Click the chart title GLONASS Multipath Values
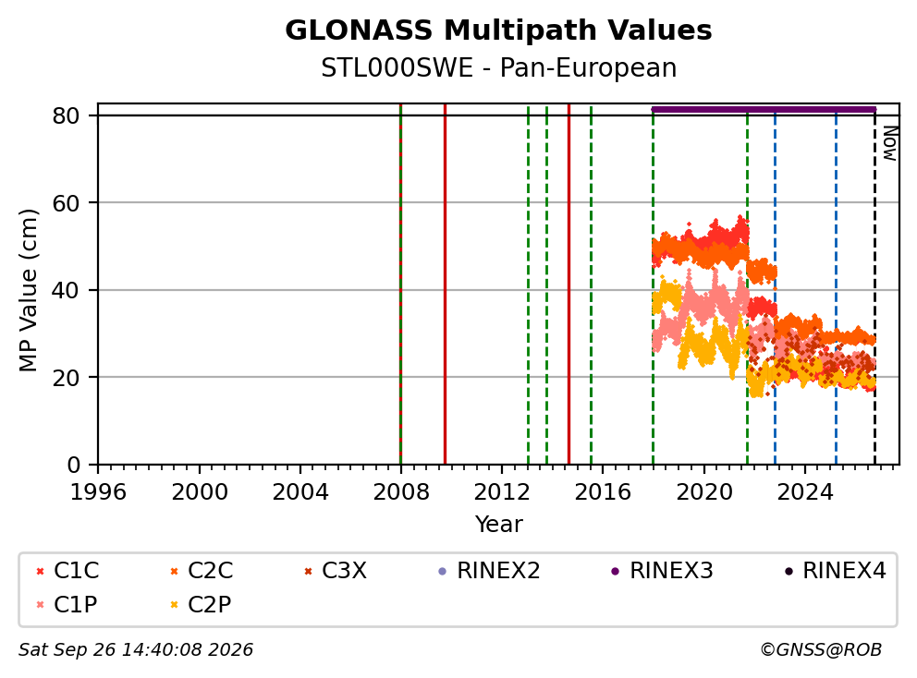click(498, 30)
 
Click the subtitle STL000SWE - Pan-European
click(498, 68)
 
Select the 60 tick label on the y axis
click(66, 203)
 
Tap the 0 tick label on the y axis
click(73, 465)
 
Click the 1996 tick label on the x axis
click(98, 492)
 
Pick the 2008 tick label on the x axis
click(400, 492)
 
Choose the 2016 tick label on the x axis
click(603, 492)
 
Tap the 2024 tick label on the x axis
click(805, 492)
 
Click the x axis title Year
click(498, 525)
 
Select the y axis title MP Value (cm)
click(28, 290)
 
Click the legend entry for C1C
click(67, 571)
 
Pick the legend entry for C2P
click(201, 604)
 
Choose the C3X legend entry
click(336, 571)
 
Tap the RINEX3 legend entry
click(662, 571)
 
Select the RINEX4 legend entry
click(835, 571)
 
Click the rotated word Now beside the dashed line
click(889, 143)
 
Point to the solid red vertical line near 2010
click(445, 285)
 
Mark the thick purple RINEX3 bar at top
click(764, 109)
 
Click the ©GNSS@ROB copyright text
click(821, 649)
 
